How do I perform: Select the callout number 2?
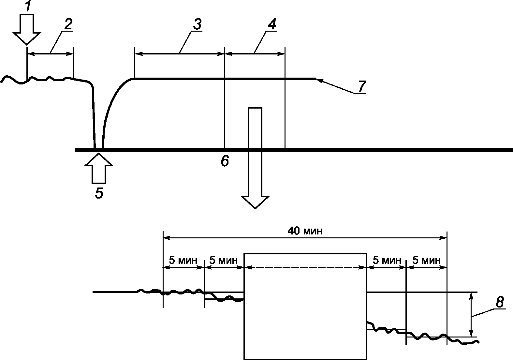pyautogui.click(x=68, y=24)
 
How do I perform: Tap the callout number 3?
pyautogui.click(x=198, y=24)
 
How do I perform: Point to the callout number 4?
pyautogui.click(x=272, y=24)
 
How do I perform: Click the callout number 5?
pyautogui.click(x=99, y=193)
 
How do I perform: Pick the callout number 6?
pyautogui.click(x=225, y=161)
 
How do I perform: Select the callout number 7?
pyautogui.click(x=362, y=86)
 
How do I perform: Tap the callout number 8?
pyautogui.click(x=500, y=302)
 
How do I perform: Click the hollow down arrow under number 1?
pyautogui.click(x=27, y=29)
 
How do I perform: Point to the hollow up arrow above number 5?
pyautogui.click(x=99, y=169)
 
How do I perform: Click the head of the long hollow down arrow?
pyautogui.click(x=255, y=202)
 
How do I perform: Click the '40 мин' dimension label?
pyautogui.click(x=305, y=231)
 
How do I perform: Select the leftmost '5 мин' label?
pyautogui.click(x=183, y=261)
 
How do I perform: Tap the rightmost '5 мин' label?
pyautogui.click(x=427, y=261)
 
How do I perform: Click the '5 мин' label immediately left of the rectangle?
pyautogui.click(x=224, y=261)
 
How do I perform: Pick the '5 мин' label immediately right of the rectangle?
pyautogui.click(x=387, y=261)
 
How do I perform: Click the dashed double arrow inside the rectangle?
pyautogui.click(x=305, y=267)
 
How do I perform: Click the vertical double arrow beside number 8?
pyautogui.click(x=471, y=315)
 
